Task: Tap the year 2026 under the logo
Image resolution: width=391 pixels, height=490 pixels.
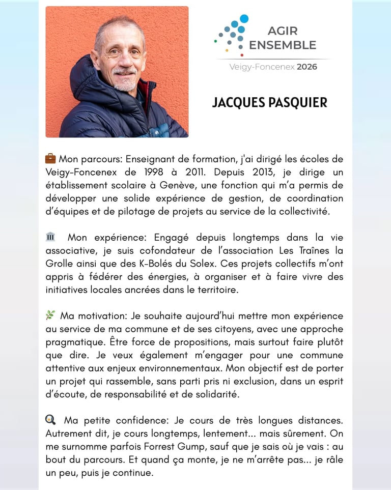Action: coord(306,67)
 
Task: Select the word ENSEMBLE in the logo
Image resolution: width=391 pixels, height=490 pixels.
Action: coord(283,45)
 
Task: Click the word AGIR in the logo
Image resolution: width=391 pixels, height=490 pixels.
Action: coord(283,32)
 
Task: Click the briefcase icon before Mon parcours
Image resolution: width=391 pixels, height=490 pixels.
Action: coord(50,158)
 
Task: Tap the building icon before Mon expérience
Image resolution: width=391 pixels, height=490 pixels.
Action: coord(50,237)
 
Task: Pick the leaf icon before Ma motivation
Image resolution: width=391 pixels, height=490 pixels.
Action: coord(50,315)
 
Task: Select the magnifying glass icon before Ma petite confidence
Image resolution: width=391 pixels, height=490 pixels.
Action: coord(50,420)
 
